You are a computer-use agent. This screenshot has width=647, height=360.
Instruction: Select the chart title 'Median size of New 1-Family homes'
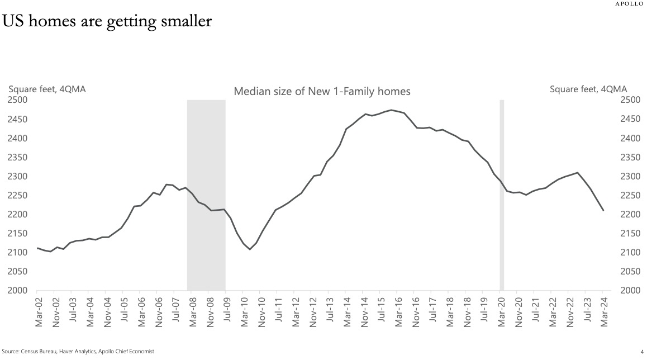(x=322, y=92)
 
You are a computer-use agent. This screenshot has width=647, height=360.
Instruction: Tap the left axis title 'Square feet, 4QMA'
(x=46, y=89)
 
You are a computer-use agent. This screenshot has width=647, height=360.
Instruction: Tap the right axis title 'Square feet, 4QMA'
(x=588, y=89)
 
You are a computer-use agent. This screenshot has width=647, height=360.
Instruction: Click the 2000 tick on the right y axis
(x=630, y=291)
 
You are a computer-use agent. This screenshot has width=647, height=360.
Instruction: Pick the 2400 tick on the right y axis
(x=630, y=138)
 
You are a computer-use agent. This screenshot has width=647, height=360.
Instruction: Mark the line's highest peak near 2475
(x=391, y=110)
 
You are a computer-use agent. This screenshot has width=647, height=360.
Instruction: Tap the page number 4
(x=642, y=351)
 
